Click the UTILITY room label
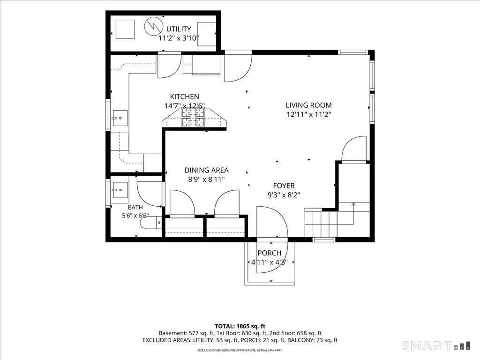tap(179, 29)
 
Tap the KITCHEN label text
tap(185, 97)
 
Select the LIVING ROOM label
tap(308, 105)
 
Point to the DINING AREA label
tap(206, 170)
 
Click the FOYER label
tap(284, 186)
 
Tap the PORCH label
tap(270, 253)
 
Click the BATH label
tap(135, 207)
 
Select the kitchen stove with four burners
tap(193, 117)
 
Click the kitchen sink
tap(120, 119)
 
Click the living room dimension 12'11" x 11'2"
tap(308, 114)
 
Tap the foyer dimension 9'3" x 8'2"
tap(284, 195)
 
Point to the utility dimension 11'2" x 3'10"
tap(179, 38)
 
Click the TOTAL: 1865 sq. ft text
tap(240, 326)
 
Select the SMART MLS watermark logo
tap(436, 346)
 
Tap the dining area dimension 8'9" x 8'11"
tap(206, 180)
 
